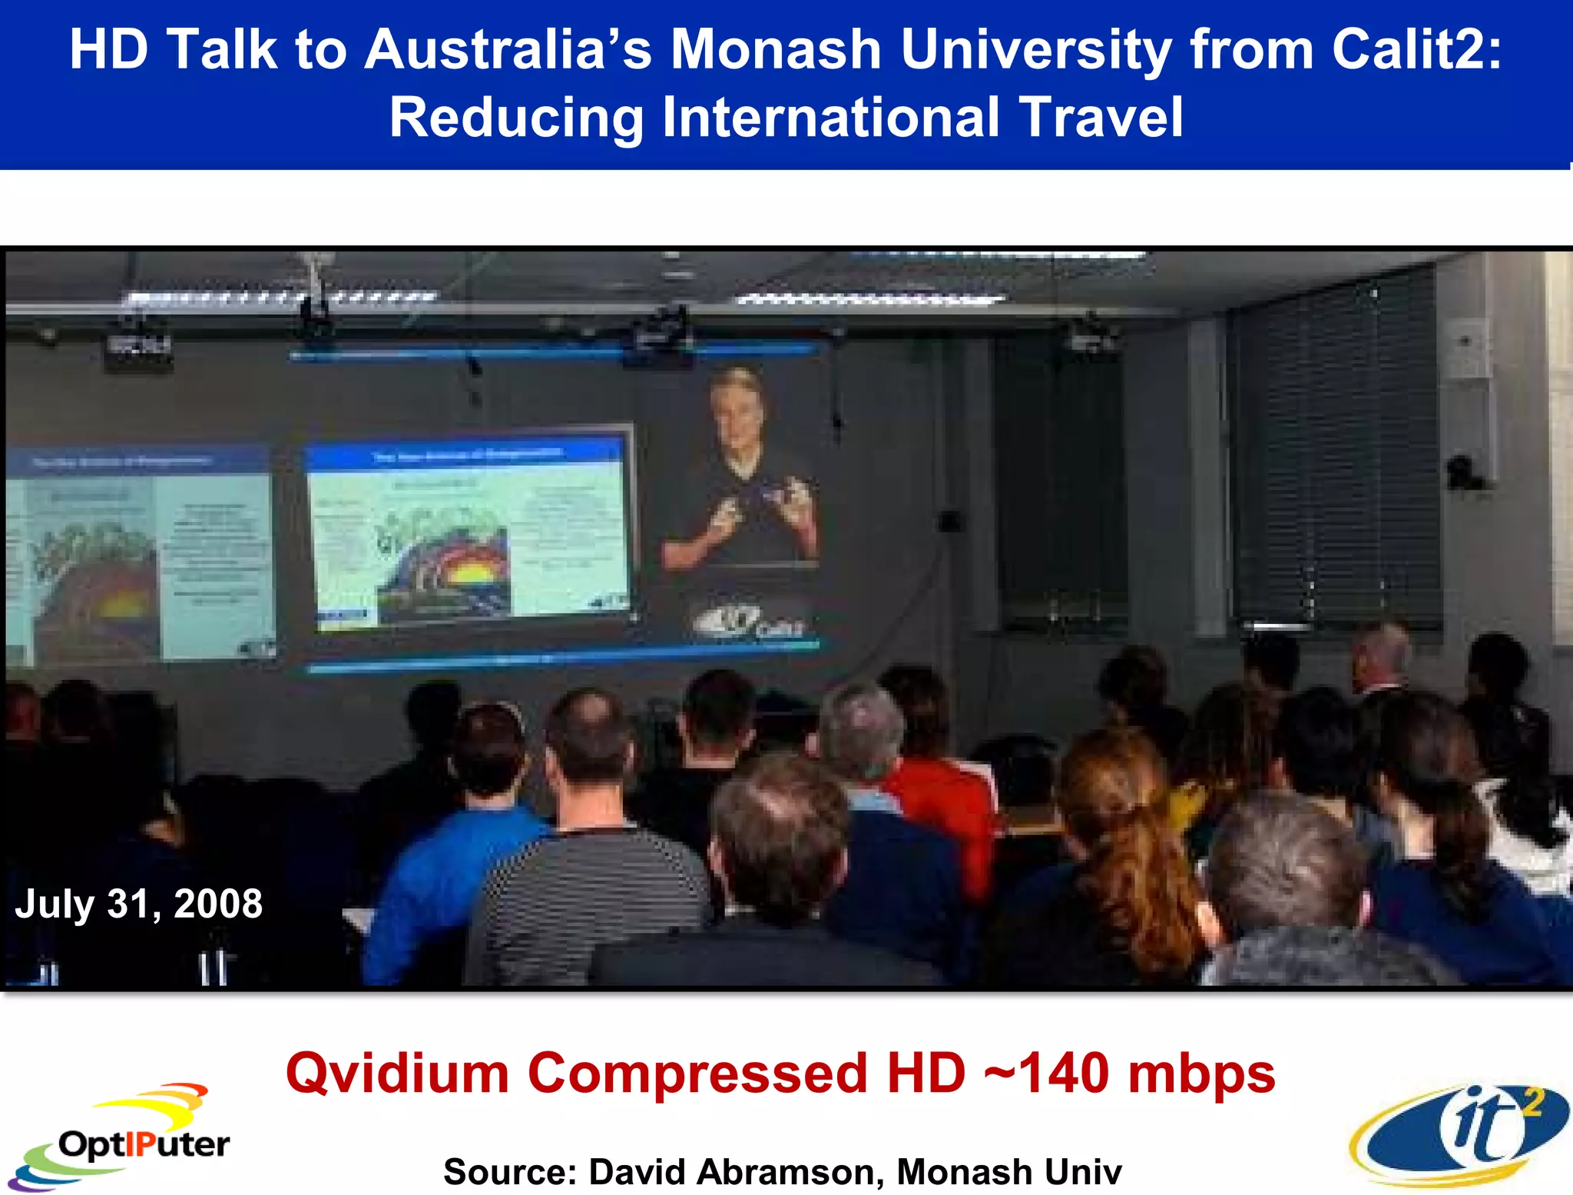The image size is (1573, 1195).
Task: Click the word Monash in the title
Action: (776, 50)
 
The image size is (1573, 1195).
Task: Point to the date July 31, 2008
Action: (139, 904)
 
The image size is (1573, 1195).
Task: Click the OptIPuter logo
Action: (123, 1137)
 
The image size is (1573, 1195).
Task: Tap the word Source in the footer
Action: (508, 1173)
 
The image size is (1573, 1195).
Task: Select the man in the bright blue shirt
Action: (453, 861)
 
